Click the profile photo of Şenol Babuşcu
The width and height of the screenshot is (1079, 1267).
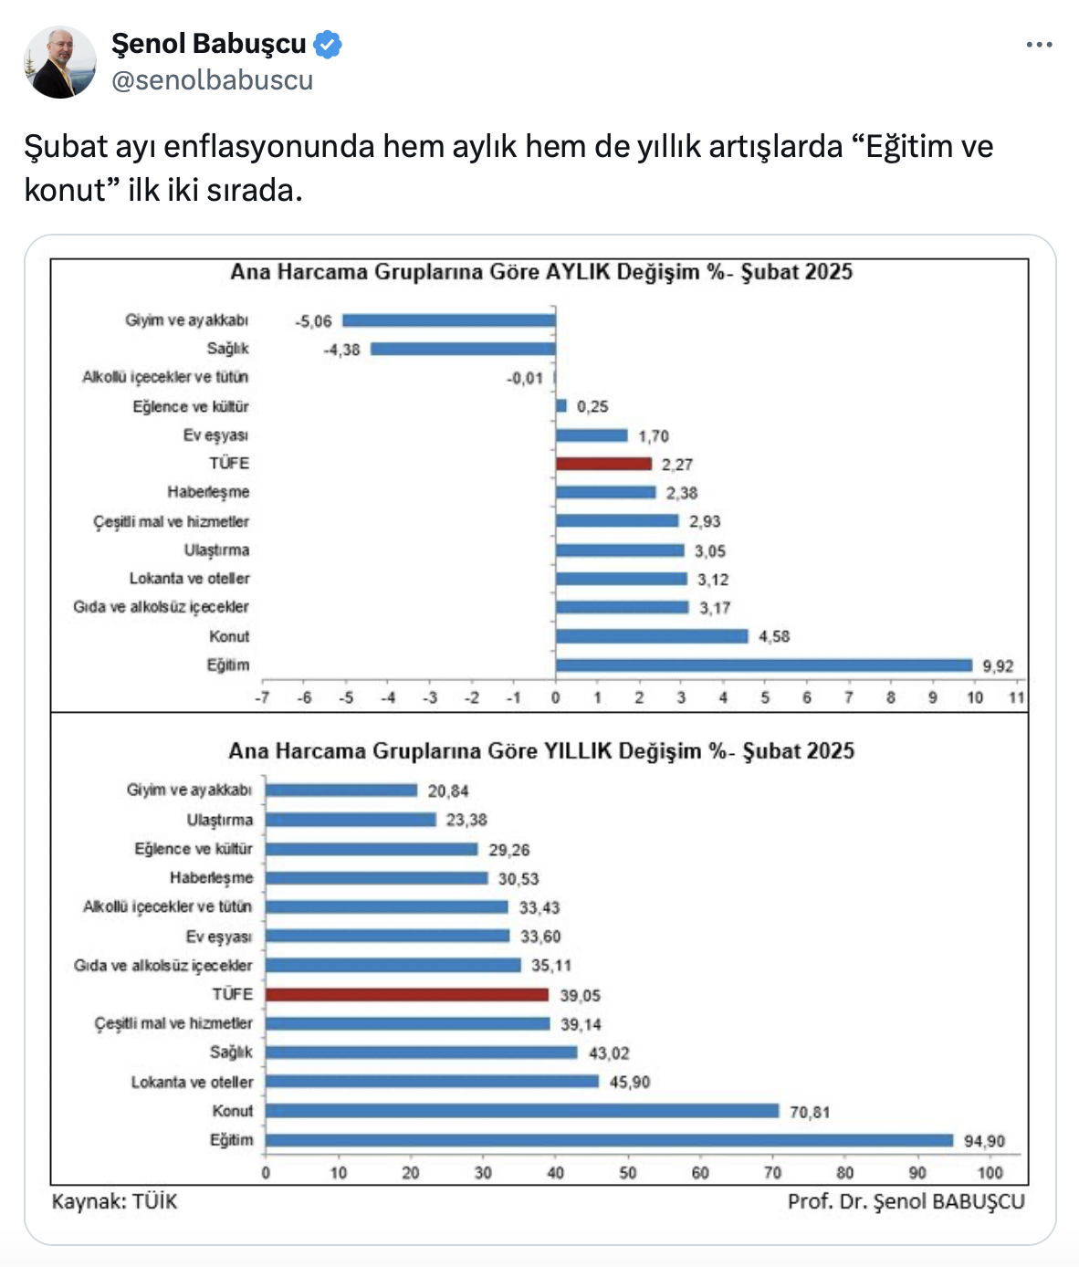click(59, 62)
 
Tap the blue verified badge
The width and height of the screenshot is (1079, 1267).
click(328, 44)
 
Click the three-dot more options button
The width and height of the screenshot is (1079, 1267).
click(1039, 45)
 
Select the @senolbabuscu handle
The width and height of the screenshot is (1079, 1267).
click(212, 80)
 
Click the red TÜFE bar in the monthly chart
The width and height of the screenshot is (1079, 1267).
click(603, 464)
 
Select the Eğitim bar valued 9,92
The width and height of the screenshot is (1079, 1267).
click(763, 665)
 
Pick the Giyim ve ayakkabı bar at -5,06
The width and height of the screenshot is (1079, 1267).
click(448, 320)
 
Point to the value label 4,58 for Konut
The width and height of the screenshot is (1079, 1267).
click(774, 636)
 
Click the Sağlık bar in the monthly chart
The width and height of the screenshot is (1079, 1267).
click(463, 349)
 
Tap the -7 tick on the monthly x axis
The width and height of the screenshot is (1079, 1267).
click(262, 697)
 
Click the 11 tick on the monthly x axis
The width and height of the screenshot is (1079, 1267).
click(1017, 697)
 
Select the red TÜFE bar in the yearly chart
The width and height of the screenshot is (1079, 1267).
click(407, 995)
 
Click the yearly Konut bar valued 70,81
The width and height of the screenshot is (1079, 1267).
click(522, 1111)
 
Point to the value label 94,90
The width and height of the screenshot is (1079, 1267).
click(984, 1141)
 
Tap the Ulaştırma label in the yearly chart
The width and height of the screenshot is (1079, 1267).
click(220, 820)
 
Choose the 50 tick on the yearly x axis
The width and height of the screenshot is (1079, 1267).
click(628, 1173)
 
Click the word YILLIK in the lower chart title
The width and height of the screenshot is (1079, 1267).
click(578, 751)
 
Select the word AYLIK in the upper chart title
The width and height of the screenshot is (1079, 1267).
click(578, 272)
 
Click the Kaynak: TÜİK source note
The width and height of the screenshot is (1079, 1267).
click(114, 1201)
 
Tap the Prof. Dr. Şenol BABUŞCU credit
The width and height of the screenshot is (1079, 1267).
click(906, 1201)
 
